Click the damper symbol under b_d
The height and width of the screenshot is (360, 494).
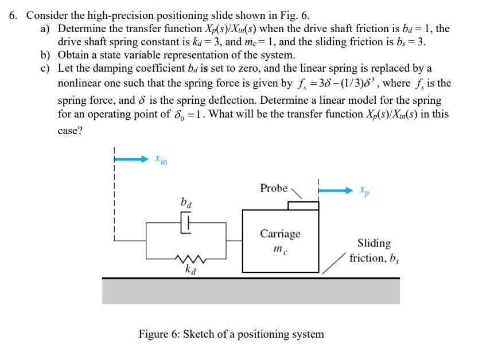pos(187,221)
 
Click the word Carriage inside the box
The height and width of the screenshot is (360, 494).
pos(280,233)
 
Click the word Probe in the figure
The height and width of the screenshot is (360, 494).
pos(274,188)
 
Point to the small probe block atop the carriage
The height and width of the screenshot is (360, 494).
pos(303,206)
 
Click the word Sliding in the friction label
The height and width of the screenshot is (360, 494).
pos(374,243)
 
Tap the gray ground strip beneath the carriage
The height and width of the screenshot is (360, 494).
pos(251,292)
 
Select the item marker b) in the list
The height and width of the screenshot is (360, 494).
pos(46,56)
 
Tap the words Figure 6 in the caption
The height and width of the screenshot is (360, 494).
pos(158,334)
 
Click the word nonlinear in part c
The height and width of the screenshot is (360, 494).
pos(80,84)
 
